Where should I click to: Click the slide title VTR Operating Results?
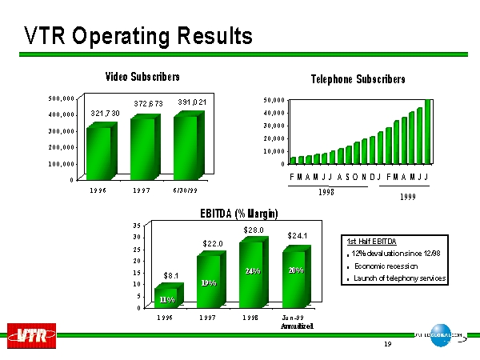point(138,36)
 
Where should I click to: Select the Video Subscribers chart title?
point(143,77)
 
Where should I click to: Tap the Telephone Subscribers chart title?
point(358,78)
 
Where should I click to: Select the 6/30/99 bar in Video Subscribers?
point(186,144)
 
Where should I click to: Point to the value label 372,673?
point(148,104)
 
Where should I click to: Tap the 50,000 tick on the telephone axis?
point(274,100)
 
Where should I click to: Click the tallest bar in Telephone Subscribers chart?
point(428,130)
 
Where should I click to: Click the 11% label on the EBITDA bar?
point(167,299)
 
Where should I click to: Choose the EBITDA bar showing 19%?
point(209,280)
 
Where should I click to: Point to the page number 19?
point(387,345)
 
